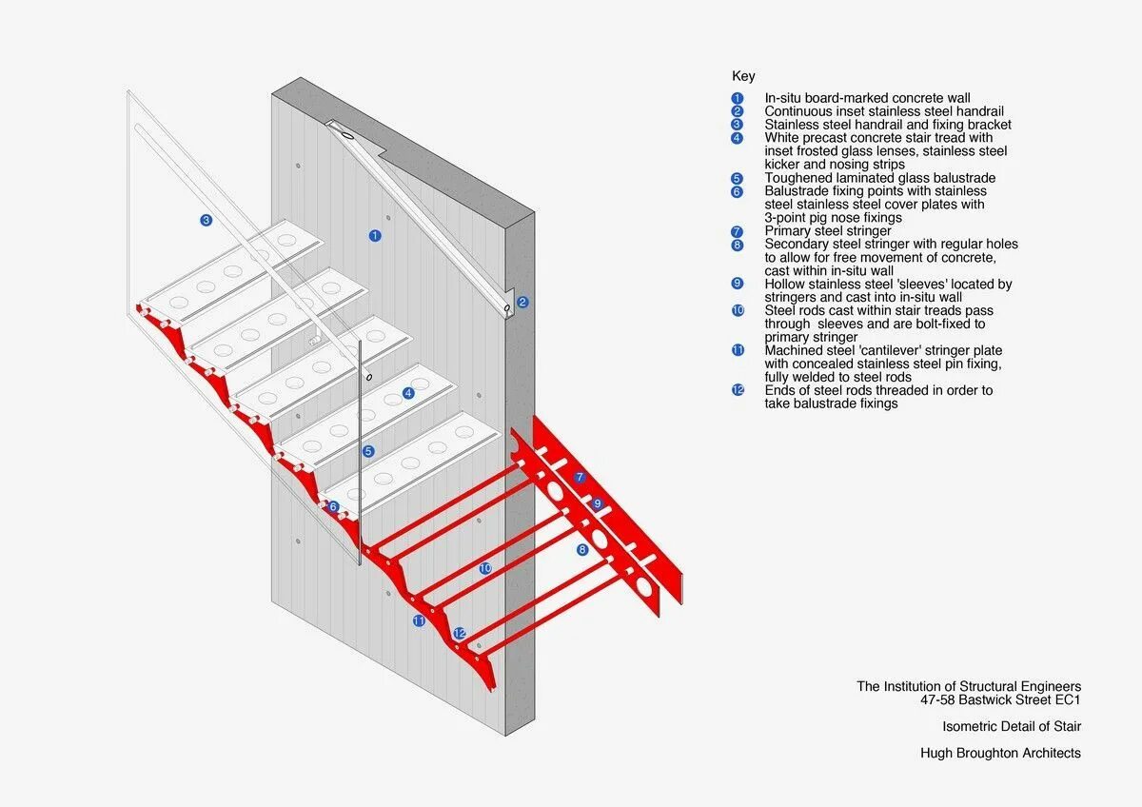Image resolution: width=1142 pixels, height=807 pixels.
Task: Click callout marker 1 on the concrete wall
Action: click(375, 235)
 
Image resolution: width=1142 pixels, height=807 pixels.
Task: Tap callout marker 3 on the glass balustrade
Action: click(206, 221)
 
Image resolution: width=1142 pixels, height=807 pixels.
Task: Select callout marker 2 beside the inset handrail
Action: click(522, 303)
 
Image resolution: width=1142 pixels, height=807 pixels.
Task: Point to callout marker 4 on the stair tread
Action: click(408, 393)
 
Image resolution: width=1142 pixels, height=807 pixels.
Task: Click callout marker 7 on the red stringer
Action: click(580, 477)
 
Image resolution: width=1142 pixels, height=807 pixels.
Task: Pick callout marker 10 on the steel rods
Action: click(485, 568)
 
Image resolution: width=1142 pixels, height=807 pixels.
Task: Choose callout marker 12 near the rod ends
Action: click(460, 633)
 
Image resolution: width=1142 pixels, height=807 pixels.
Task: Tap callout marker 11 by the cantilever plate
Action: click(419, 620)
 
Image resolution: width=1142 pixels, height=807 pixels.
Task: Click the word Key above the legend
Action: click(743, 76)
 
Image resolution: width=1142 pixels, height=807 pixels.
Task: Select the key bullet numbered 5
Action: click(737, 178)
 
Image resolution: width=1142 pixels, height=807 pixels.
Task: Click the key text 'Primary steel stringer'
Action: click(828, 231)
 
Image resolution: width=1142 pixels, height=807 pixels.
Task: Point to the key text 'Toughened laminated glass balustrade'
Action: click(880, 178)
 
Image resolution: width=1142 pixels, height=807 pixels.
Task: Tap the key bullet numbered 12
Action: click(737, 390)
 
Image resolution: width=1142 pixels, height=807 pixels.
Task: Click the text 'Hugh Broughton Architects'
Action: click(1000, 753)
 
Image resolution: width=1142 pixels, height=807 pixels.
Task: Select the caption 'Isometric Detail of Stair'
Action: click(1012, 726)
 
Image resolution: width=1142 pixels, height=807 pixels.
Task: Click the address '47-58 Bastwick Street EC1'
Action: click(1000, 699)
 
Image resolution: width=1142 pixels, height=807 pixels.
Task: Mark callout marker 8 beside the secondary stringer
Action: click(582, 549)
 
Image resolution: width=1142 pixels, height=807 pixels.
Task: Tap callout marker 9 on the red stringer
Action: click(597, 503)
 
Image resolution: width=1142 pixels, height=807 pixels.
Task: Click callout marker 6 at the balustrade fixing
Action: click(333, 506)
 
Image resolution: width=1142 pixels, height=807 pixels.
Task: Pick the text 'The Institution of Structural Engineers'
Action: click(969, 686)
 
